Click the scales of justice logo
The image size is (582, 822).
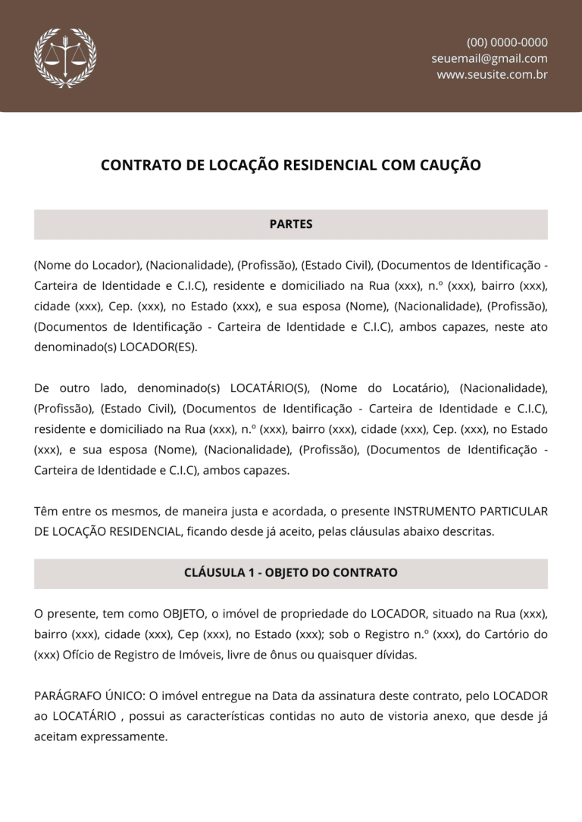65,58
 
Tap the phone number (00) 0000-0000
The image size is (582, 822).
507,42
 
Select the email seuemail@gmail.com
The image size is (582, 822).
490,58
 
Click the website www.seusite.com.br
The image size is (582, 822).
492,74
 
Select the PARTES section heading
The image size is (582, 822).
291,224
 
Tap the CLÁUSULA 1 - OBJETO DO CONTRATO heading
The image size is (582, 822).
291,572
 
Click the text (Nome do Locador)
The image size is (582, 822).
88,265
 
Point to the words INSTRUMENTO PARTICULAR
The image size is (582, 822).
471,511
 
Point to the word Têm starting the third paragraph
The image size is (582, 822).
45,511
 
